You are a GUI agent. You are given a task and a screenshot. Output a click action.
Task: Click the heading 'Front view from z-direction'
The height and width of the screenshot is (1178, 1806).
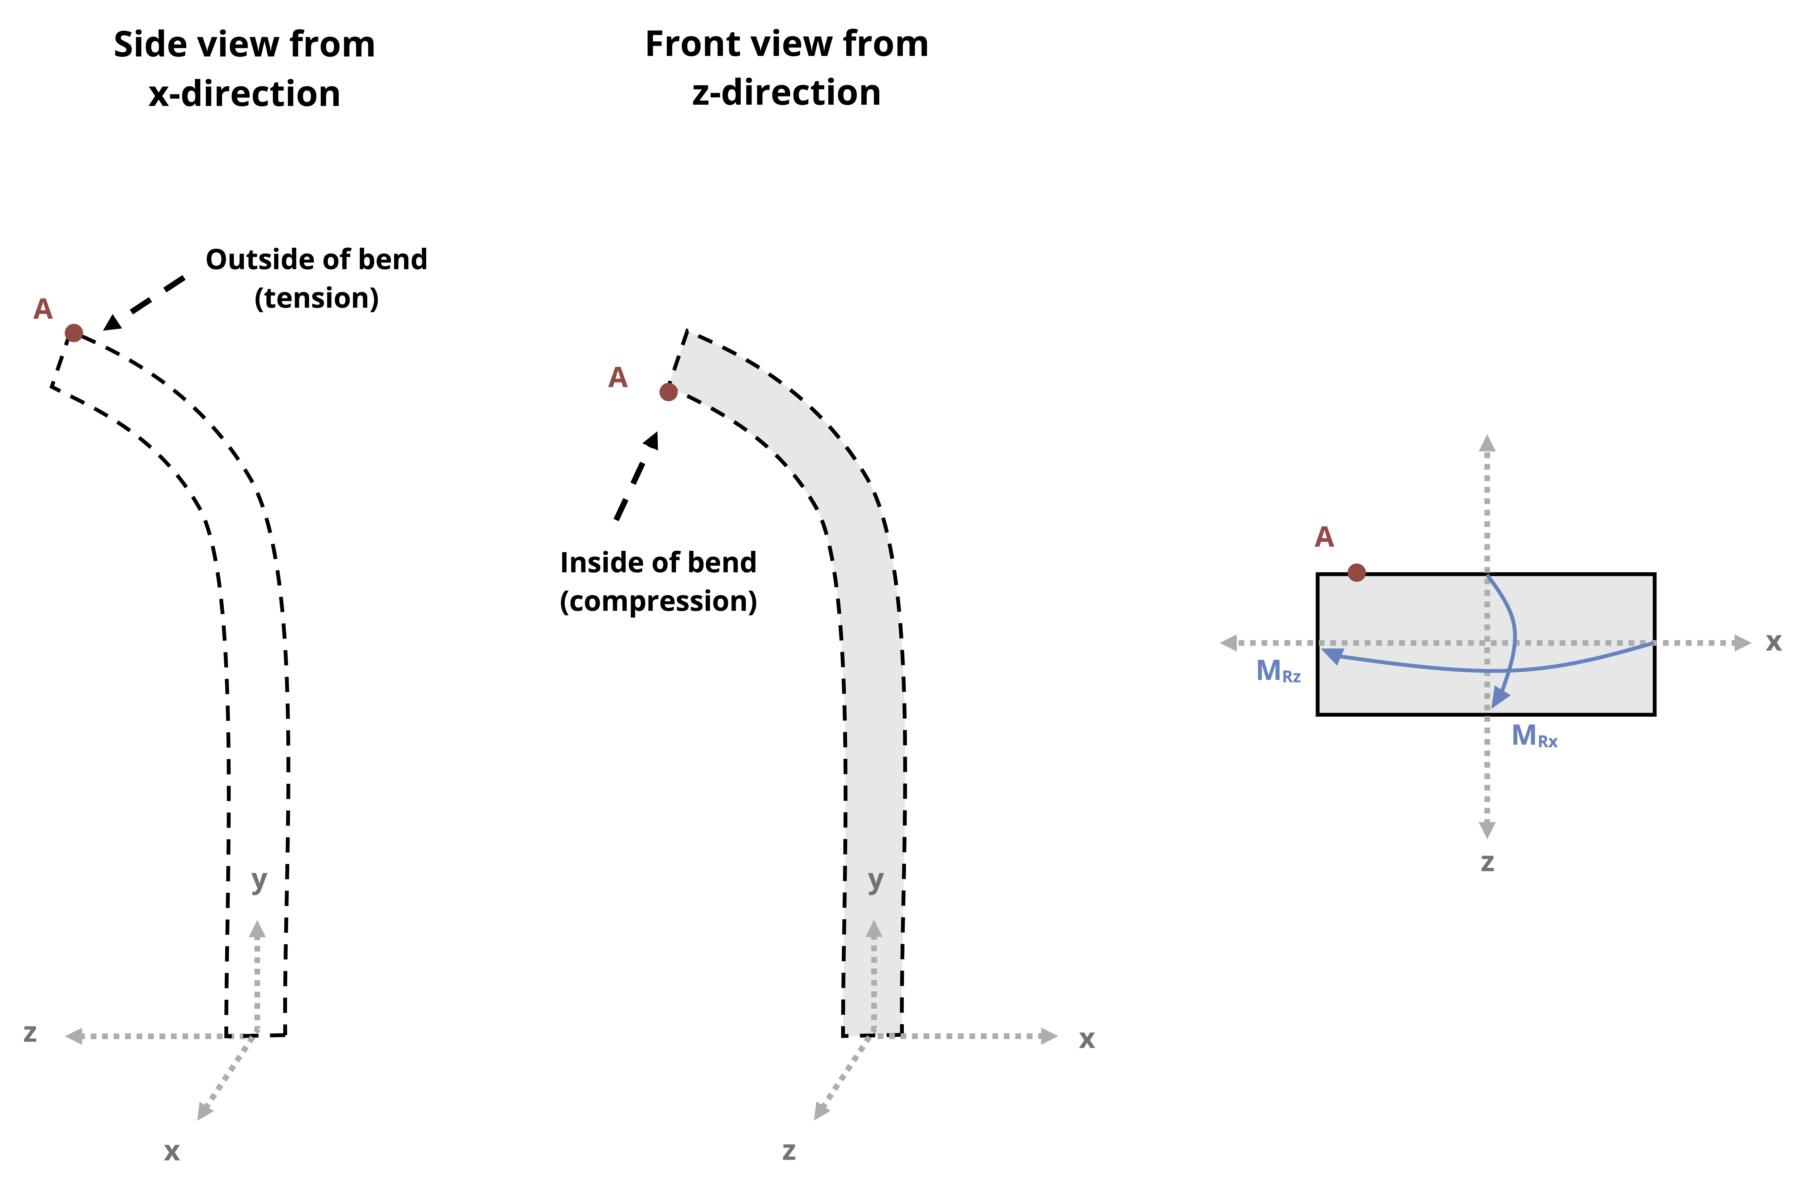click(x=787, y=68)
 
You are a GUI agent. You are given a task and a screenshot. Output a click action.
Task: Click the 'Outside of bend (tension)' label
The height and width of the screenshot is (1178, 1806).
click(x=316, y=278)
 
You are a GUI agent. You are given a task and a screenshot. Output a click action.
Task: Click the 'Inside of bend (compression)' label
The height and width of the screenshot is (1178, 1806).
click(x=659, y=582)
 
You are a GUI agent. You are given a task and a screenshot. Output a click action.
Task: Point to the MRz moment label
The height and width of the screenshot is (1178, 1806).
click(x=1279, y=671)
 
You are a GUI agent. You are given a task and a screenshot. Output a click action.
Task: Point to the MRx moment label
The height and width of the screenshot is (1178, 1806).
click(x=1534, y=736)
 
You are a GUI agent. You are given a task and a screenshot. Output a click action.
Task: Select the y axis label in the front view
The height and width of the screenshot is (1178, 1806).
click(x=876, y=881)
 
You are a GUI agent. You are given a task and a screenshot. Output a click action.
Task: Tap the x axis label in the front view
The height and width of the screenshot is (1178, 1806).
click(x=1087, y=1039)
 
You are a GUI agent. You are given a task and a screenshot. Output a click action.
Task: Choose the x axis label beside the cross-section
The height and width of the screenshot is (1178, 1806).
click(x=1773, y=643)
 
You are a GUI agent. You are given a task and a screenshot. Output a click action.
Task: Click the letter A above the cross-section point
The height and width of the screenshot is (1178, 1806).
click(x=1324, y=537)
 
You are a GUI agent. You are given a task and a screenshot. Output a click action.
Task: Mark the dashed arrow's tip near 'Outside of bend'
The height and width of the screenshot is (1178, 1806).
click(x=104, y=329)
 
